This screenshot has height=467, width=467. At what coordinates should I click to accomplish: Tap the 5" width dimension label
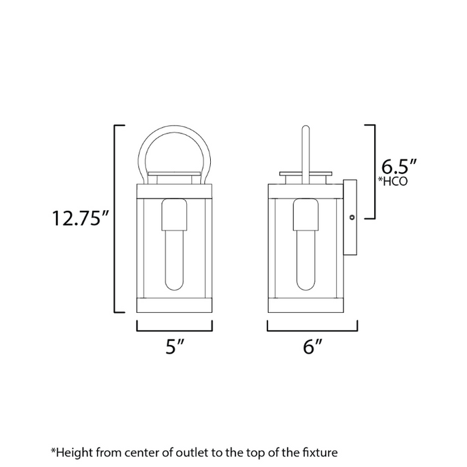coord(175,347)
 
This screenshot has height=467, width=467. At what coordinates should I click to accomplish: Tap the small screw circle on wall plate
coord(353,216)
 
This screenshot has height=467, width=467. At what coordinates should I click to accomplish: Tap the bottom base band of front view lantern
coord(175,306)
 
